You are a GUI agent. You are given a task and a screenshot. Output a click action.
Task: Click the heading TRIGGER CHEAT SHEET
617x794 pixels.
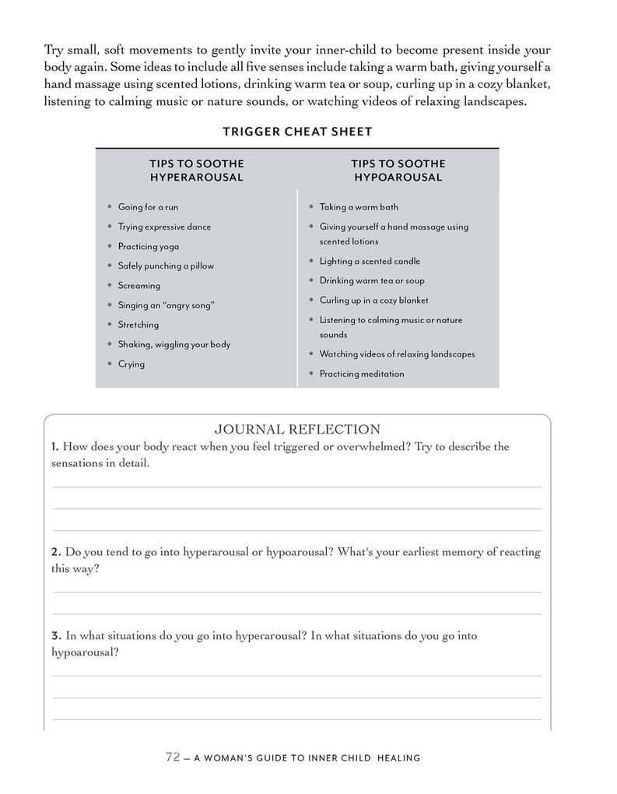pos(297,132)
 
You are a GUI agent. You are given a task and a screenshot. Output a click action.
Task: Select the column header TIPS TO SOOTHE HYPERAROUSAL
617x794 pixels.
pos(197,170)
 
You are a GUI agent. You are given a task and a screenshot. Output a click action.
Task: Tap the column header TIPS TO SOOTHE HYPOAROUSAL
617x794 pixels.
pos(398,170)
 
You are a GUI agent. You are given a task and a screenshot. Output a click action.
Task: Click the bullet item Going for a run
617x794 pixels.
pos(148,207)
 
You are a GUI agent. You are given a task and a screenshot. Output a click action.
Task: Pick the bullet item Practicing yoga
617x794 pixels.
pos(149,246)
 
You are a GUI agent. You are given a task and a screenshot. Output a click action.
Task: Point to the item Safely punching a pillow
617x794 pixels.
pos(166,265)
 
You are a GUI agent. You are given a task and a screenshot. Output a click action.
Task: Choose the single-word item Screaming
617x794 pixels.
pos(139,286)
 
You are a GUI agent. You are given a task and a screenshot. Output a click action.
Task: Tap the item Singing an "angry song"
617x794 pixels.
pos(166,305)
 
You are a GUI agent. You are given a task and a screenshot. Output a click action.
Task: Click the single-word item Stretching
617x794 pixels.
pos(138,325)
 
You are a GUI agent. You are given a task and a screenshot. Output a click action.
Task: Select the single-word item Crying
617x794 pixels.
pos(131,364)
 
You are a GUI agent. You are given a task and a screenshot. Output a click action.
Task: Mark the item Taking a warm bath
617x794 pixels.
pos(359,207)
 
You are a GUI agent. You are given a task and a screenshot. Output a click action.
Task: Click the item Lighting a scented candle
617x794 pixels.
pos(370,261)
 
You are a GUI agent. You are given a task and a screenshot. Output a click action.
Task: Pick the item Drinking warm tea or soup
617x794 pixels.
pos(372,280)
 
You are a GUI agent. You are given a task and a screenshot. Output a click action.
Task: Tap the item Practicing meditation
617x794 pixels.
pos(362,374)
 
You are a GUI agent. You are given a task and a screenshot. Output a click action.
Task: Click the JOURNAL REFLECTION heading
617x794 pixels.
pos(297,429)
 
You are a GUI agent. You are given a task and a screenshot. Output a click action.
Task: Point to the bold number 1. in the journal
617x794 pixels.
pos(54,447)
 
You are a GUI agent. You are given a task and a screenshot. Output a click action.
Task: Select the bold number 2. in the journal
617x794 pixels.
pos(56,552)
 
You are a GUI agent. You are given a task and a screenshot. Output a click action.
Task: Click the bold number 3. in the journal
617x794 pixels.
pos(56,635)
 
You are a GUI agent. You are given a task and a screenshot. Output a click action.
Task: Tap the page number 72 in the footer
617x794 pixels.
pos(173,757)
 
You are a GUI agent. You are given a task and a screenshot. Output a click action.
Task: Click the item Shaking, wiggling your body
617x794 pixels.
pos(174,344)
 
